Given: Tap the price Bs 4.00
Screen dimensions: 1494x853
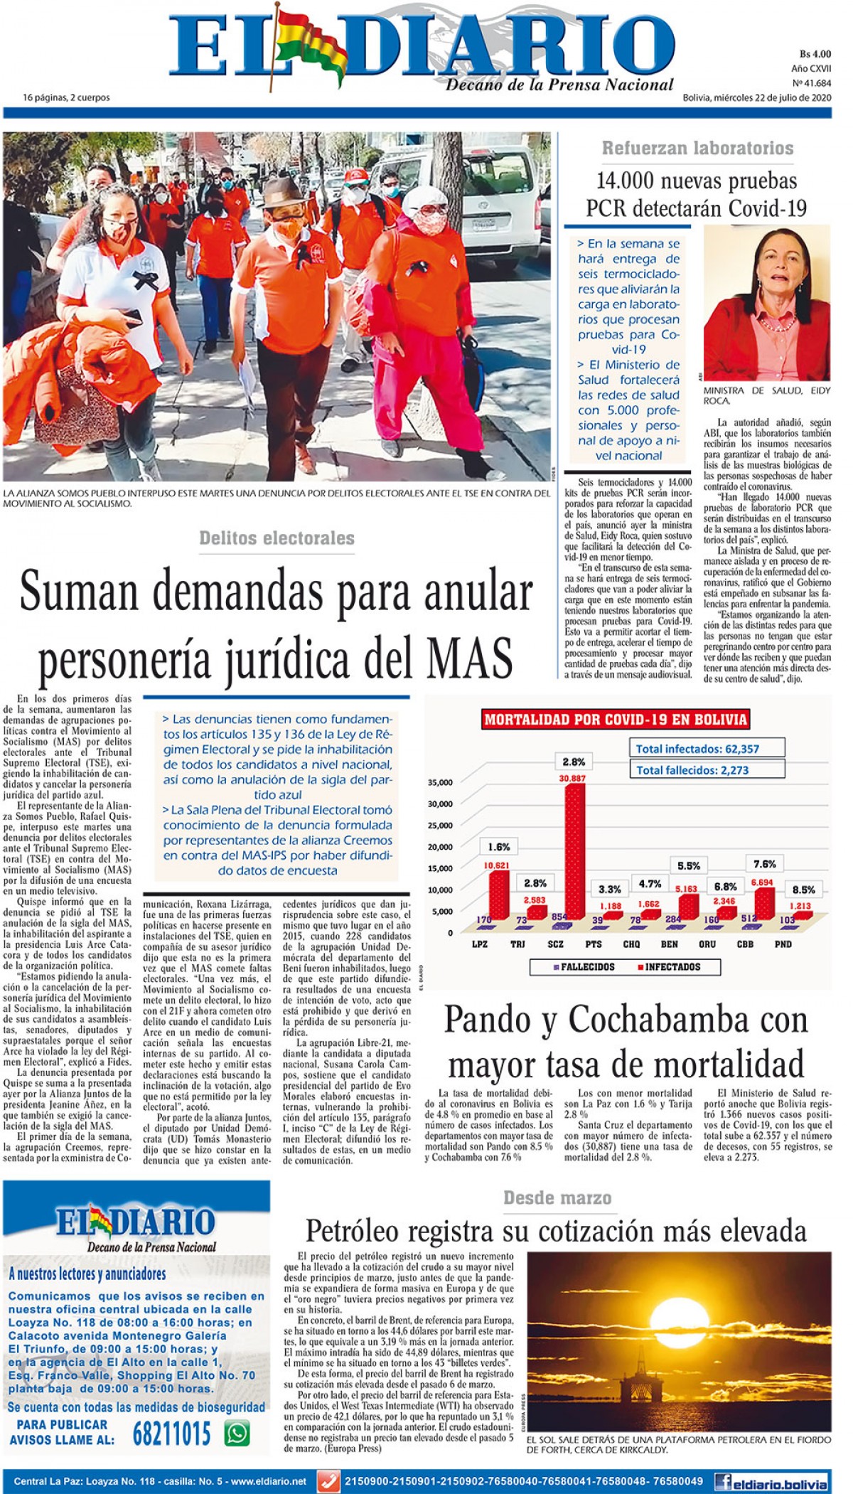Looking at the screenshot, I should (815, 54).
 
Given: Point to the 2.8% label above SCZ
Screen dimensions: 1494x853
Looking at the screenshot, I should (574, 762).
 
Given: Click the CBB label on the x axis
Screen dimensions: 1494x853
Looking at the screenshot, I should (745, 944).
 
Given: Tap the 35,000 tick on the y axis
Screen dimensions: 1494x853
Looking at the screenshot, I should (440, 783).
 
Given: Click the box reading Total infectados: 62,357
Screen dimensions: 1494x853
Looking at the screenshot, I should (707, 748).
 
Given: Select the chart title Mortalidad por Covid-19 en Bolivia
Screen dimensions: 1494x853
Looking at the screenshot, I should (616, 720).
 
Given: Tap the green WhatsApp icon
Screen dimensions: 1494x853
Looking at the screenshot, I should (237, 1433).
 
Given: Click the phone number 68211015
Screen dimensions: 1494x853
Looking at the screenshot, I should (171, 1434).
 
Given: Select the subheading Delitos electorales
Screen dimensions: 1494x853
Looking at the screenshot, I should (277, 538).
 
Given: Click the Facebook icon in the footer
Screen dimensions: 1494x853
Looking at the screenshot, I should (724, 1482).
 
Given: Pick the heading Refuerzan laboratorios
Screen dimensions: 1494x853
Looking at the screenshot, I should (697, 148).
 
